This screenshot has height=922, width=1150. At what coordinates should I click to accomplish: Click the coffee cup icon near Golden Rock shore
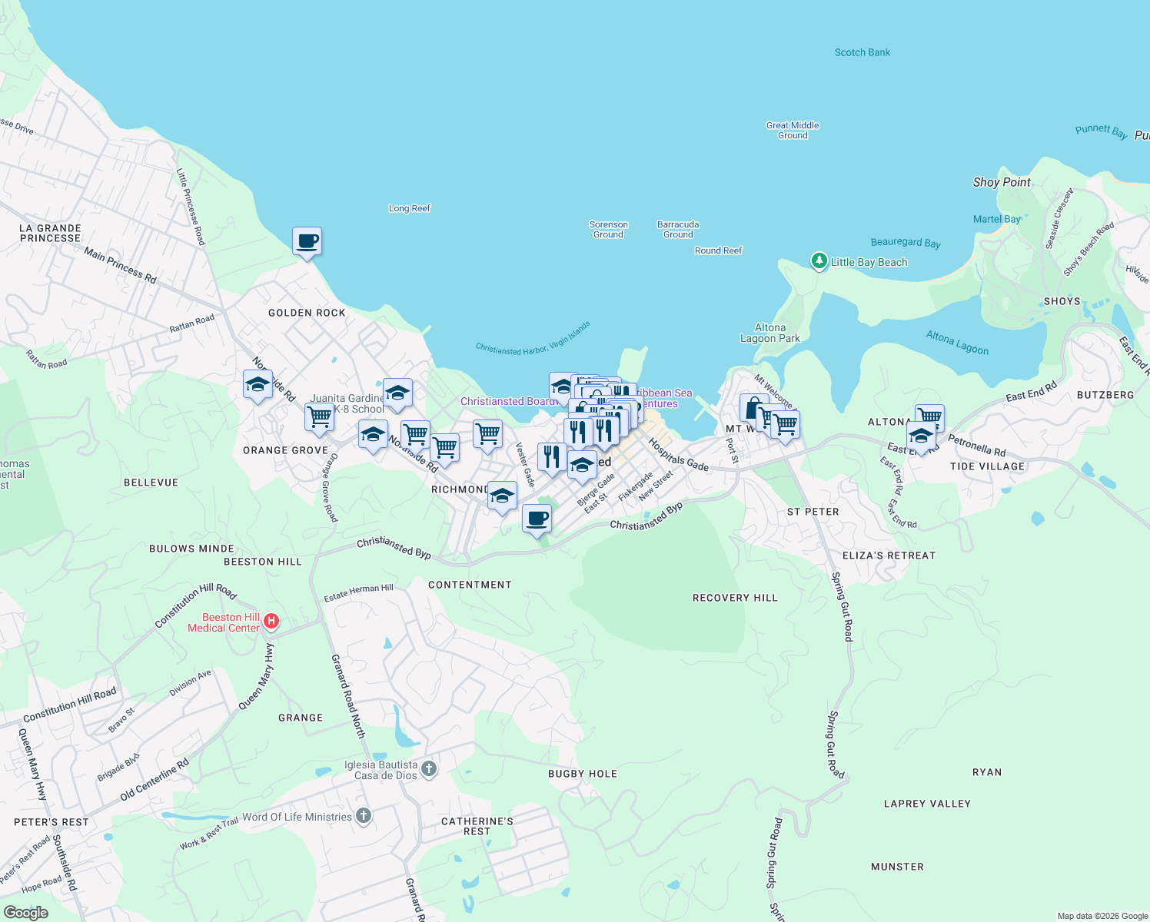[307, 241]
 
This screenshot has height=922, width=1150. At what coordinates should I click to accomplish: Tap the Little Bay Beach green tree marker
[819, 261]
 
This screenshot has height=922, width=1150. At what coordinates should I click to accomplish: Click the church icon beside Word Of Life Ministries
[364, 817]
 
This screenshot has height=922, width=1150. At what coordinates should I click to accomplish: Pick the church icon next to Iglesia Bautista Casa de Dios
[429, 768]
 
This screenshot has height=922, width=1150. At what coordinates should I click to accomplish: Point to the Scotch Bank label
[862, 52]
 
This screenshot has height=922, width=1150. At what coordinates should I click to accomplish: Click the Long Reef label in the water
[409, 208]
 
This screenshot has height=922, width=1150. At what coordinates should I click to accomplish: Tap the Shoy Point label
[1001, 182]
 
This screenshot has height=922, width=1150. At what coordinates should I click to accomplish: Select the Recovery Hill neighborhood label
[734, 598]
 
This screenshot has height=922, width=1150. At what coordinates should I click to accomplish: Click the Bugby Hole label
[582, 774]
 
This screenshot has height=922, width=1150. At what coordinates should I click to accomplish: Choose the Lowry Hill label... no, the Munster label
[897, 867]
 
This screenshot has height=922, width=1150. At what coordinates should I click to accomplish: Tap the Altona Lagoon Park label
[769, 333]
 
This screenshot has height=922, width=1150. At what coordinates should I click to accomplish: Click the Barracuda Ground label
[677, 229]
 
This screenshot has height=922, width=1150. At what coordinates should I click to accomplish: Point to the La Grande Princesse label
[50, 233]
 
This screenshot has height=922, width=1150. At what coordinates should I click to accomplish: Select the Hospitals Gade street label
[678, 455]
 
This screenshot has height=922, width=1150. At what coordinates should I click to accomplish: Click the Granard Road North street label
[347, 696]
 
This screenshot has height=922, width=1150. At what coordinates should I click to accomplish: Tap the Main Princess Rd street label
[120, 265]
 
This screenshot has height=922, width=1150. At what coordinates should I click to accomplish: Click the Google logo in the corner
[25, 912]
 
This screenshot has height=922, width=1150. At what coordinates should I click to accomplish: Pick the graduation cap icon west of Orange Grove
[258, 383]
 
